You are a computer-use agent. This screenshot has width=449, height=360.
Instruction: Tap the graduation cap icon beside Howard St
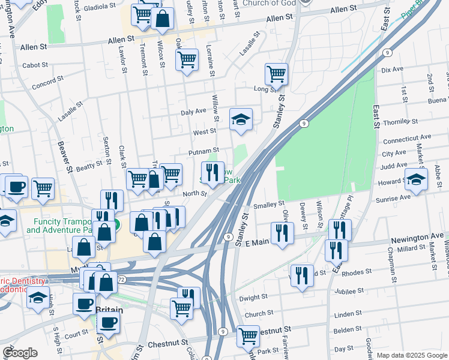(416, 179)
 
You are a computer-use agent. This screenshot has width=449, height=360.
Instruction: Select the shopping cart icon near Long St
(276, 74)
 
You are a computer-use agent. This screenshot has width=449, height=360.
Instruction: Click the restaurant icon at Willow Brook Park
(212, 173)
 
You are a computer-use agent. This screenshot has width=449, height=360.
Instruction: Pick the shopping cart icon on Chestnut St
(247, 336)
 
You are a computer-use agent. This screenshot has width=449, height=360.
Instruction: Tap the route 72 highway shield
(121, 280)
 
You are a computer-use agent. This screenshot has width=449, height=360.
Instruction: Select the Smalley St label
(269, 205)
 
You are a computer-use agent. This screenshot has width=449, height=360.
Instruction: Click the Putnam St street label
(203, 152)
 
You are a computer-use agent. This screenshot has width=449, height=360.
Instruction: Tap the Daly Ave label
(193, 112)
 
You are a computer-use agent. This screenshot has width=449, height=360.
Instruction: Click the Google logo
(20, 353)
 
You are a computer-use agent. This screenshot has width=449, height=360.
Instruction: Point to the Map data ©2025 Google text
(411, 355)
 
